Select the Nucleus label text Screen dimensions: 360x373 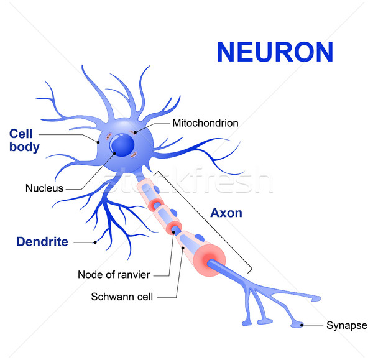(x=44, y=187)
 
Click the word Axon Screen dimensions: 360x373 (x=226, y=213)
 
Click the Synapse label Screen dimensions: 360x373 (x=346, y=325)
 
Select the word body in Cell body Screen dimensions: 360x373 (x=24, y=147)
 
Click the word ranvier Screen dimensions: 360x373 (x=136, y=274)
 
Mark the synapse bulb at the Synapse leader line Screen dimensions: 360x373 (x=302, y=324)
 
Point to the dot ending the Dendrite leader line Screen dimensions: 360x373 (x=95, y=242)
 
